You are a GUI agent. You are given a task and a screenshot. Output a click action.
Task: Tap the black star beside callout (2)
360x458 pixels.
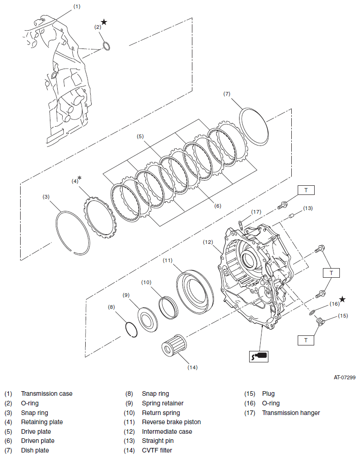(104, 22)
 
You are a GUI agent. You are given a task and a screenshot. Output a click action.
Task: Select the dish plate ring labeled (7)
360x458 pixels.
(253, 126)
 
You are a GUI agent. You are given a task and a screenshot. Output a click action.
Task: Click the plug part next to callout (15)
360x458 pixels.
(320, 323)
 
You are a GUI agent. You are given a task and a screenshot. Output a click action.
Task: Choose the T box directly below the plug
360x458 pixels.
(306, 340)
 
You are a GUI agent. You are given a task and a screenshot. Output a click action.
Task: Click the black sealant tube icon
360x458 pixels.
(259, 356)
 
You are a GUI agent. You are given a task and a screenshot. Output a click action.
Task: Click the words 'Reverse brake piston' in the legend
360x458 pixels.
(171, 422)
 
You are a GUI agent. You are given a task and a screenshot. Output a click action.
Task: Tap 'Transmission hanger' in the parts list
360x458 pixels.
(291, 413)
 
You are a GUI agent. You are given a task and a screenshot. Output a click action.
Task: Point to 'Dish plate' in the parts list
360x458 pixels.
(35, 450)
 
